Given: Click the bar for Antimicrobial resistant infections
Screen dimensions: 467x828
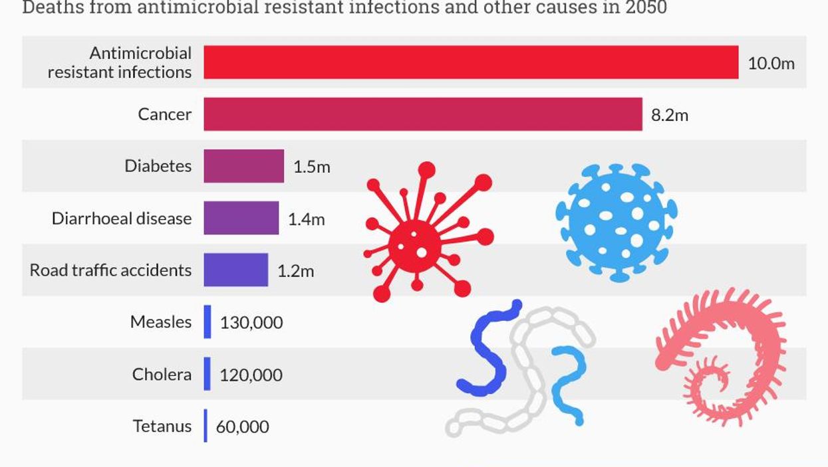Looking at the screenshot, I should coord(470,62).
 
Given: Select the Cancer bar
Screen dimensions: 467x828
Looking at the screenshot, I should coord(422,114).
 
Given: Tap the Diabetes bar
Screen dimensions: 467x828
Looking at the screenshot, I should coord(243,166).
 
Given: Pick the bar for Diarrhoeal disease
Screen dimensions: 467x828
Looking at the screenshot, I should coord(241,218).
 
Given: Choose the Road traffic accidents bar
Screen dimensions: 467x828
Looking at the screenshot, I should coord(235,270).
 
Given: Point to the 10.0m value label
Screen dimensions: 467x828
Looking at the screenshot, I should coord(771,64).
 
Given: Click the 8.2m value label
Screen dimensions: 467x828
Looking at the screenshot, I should coord(669,116).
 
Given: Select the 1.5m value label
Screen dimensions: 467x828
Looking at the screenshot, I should coord(311,167).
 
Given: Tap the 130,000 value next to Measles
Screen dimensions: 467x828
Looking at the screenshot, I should coord(251,323).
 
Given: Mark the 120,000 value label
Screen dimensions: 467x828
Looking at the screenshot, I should coord(251,375).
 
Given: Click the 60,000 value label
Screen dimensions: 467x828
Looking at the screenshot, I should coord(242,426).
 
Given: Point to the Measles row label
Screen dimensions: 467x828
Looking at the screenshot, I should coord(160,322).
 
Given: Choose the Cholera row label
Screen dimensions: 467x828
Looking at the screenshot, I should coord(162,374).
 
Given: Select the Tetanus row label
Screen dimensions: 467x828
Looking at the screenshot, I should coord(162,426).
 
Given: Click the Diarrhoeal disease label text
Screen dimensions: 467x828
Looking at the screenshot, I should coord(121,218).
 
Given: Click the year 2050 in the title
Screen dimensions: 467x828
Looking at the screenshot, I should coord(644,8).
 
